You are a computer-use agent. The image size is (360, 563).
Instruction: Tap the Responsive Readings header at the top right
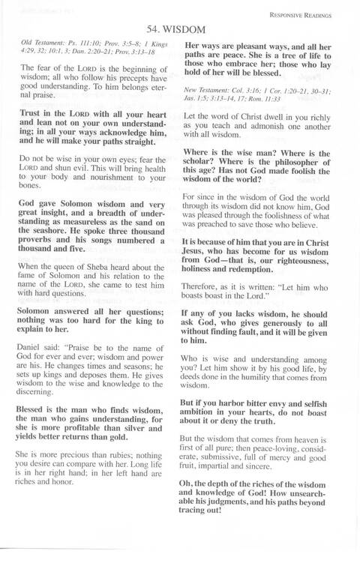point(307,13)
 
